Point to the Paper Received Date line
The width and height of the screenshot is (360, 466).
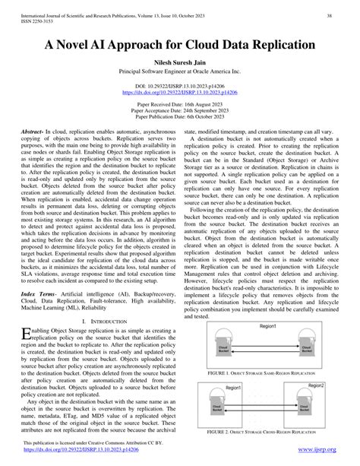180,110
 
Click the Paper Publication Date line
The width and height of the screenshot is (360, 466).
180,124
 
